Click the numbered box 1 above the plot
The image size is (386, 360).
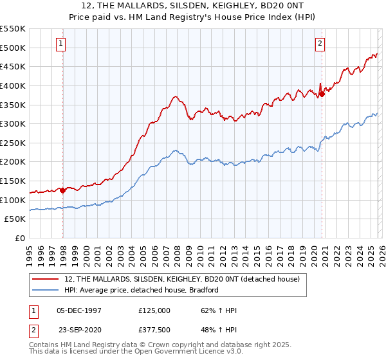60,44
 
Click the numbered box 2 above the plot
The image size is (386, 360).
320,44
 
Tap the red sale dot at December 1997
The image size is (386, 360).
62,190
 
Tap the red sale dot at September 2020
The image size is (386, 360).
323,94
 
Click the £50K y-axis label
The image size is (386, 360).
16,219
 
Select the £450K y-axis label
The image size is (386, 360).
14,66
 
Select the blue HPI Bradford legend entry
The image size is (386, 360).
142,290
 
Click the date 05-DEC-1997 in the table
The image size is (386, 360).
79,310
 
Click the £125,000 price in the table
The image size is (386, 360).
154,310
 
